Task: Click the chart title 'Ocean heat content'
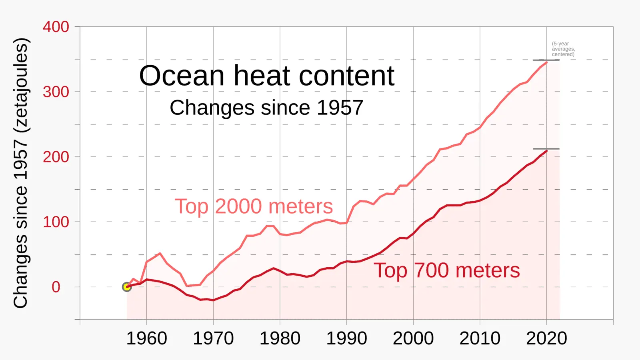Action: (266, 76)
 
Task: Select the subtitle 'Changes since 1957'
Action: (266, 108)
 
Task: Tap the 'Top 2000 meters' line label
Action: (254, 207)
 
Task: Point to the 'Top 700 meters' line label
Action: (446, 270)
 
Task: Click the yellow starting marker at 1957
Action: (127, 287)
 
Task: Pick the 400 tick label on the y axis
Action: (56, 27)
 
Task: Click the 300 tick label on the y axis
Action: (56, 92)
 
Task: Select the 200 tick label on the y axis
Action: (56, 157)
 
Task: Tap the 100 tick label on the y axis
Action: (56, 222)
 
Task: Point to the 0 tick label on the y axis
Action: (56, 287)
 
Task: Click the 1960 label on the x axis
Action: (146, 338)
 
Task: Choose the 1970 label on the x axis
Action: (213, 338)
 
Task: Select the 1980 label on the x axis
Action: (280, 338)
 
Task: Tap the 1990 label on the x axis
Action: (346, 338)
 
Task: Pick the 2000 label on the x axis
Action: (413, 338)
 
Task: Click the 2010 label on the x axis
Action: (480, 338)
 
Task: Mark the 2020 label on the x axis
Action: (546, 338)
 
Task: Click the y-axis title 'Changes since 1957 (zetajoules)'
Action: (21, 173)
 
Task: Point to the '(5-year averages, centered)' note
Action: (563, 49)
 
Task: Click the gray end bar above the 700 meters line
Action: (546, 149)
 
